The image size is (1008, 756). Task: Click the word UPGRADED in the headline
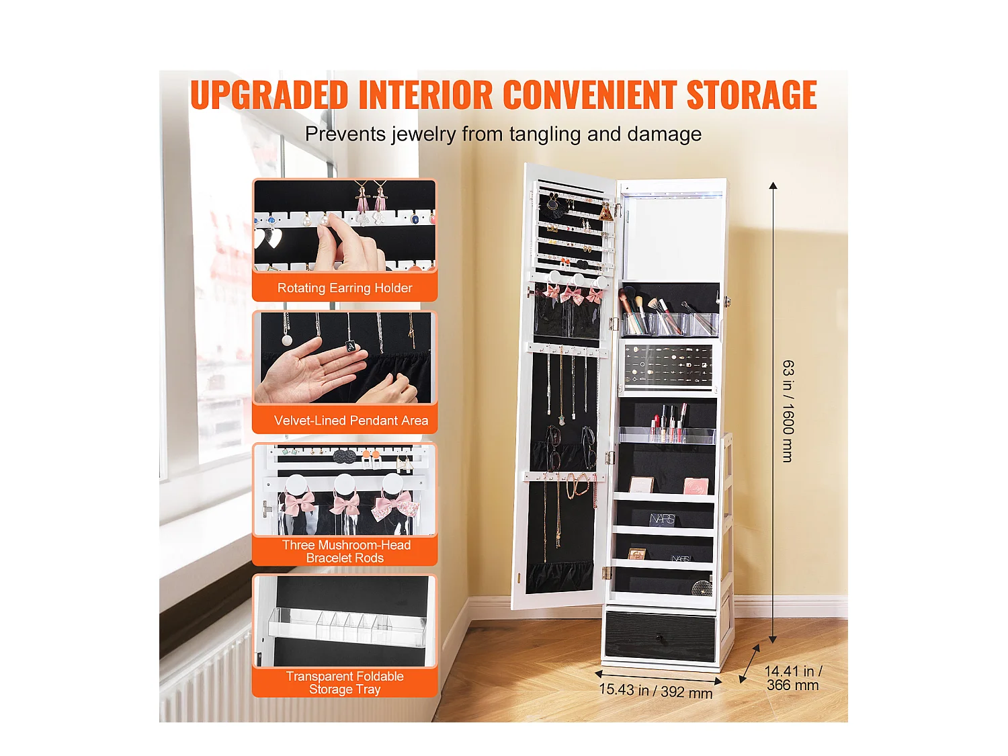point(269,95)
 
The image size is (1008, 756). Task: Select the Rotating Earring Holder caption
point(345,288)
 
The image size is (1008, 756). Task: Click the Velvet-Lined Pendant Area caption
point(351,421)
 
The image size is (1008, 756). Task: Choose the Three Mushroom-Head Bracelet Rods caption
point(345,551)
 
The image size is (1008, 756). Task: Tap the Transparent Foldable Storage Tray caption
point(345,683)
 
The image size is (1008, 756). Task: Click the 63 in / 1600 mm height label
point(788,411)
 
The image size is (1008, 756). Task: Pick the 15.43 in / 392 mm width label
point(655,690)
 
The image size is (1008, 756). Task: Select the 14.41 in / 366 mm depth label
point(793,678)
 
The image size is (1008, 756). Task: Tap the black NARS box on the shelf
point(662,519)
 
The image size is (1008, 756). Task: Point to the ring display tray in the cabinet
point(667,366)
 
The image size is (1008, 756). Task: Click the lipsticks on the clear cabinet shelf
point(669,423)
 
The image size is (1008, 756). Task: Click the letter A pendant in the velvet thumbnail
point(351,346)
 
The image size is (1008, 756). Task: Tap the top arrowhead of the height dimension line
point(773,185)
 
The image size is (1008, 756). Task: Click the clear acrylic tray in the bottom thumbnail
point(346,626)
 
